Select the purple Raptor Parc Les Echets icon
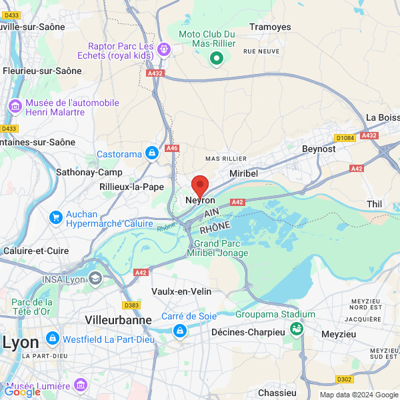coord(163,50)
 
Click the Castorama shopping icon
coord(152,154)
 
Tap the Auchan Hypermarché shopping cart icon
coord(56,218)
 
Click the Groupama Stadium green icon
coord(297,327)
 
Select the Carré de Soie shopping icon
coord(179,330)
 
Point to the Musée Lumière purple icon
coord(81,385)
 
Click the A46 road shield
coord(173,148)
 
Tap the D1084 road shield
coord(345,138)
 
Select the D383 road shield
coord(132,305)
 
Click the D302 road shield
coord(344,379)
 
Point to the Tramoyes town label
coord(270,27)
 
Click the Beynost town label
coord(319,149)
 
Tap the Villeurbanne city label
coord(118,320)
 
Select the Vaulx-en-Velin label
coord(181,292)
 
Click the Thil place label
coord(374,204)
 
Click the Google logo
coord(22,391)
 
